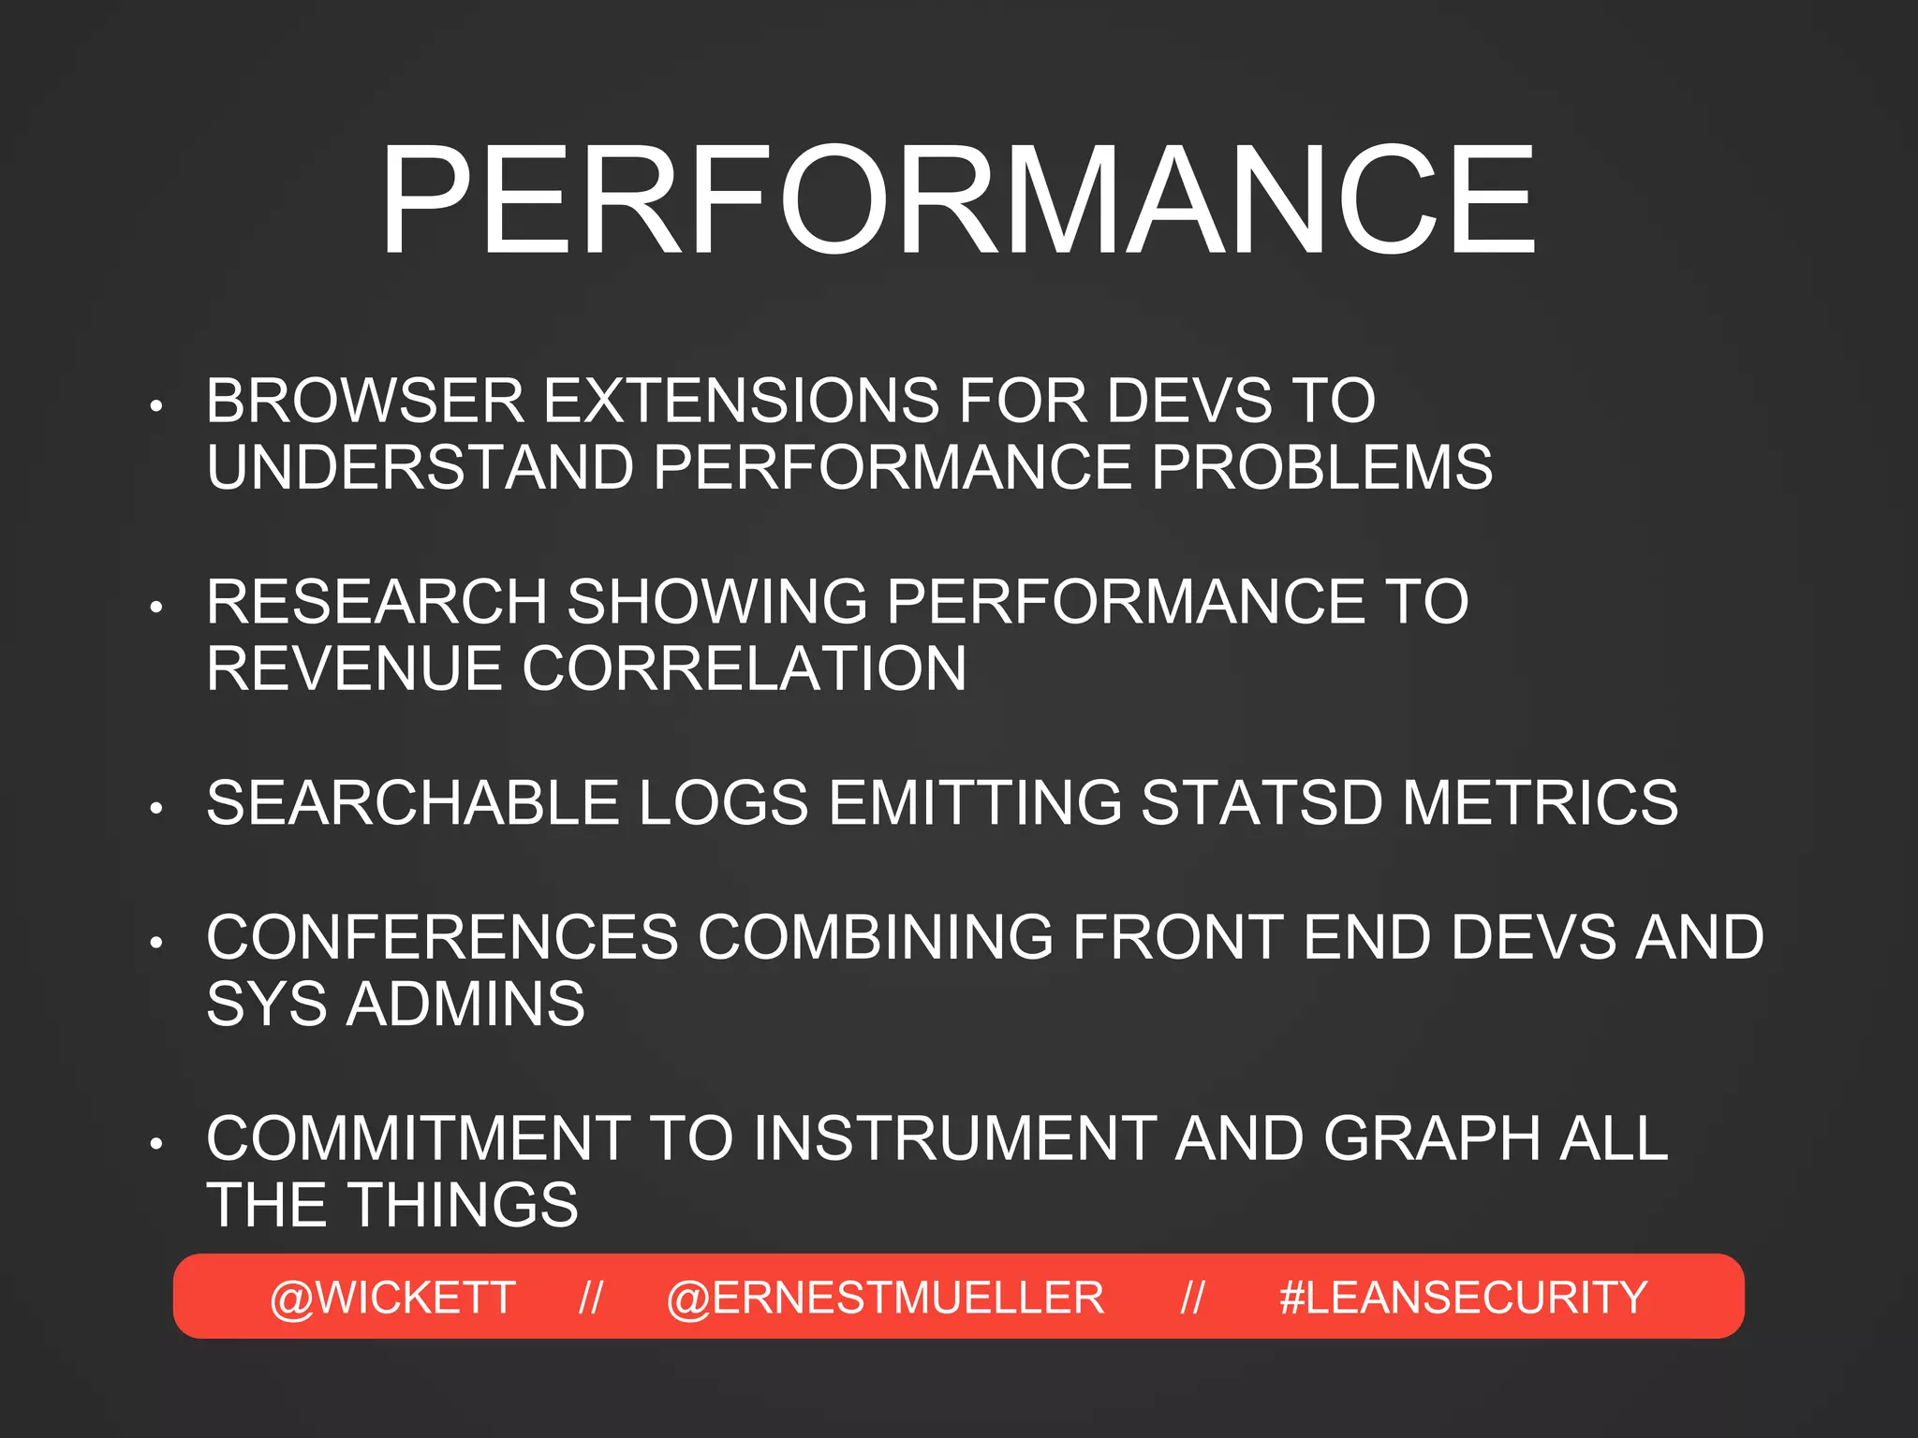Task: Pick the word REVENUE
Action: [354, 668]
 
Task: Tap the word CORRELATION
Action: [744, 668]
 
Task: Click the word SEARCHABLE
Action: [413, 803]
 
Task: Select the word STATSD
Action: [1261, 803]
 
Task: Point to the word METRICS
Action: [1540, 803]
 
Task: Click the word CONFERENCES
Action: [442, 937]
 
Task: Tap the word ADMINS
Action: [465, 1005]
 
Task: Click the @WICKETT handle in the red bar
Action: [392, 1298]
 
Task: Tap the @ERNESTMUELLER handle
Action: [885, 1298]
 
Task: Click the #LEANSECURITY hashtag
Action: [1463, 1298]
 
